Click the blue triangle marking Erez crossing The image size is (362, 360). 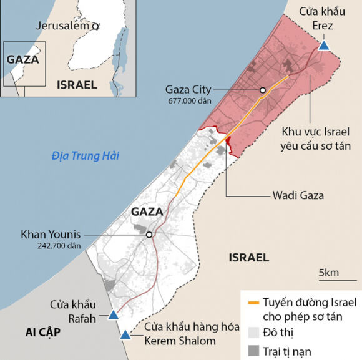323,45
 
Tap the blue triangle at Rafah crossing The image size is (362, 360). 113,315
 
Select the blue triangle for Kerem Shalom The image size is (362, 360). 125,335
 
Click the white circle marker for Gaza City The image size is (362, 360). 263,90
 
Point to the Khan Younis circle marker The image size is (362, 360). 149,235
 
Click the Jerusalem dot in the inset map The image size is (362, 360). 95,26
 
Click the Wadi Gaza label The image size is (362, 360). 298,195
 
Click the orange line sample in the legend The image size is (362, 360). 253,303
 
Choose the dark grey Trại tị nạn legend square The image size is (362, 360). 253,351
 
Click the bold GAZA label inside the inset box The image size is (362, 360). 22,60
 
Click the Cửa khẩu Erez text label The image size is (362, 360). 320,18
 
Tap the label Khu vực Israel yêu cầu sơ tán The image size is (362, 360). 315,139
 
